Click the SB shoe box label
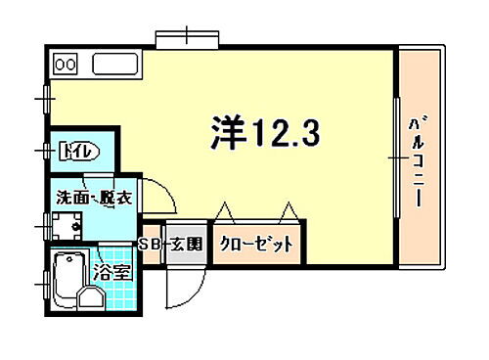click(x=150, y=244)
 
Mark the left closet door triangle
click(x=223, y=210)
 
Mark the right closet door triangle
click(x=288, y=210)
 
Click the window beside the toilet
click(x=45, y=151)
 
